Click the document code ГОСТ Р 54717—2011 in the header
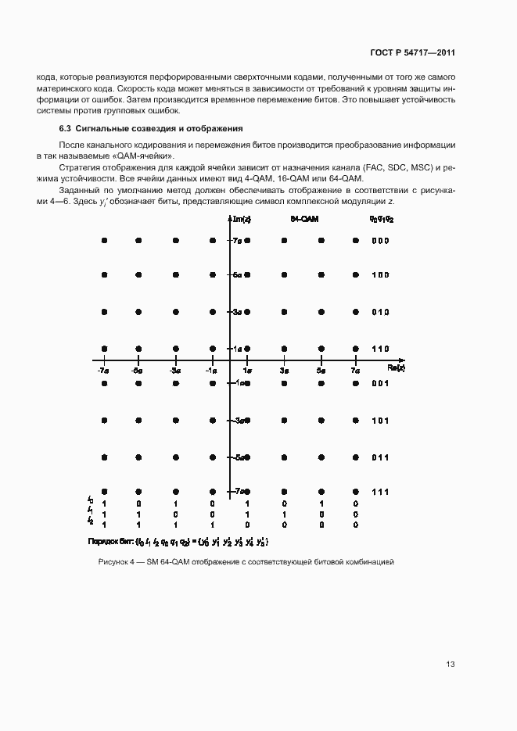point(412,53)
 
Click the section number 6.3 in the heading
point(66,127)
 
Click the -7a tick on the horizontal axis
point(102,371)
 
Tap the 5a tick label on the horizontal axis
point(321,371)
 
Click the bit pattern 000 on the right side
point(379,241)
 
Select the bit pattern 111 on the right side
point(379,491)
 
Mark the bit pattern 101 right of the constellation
point(379,421)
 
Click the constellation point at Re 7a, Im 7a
point(356,241)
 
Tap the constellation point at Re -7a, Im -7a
point(103,491)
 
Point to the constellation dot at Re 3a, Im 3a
point(284,312)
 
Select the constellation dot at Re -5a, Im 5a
point(138,275)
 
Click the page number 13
point(451,665)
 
